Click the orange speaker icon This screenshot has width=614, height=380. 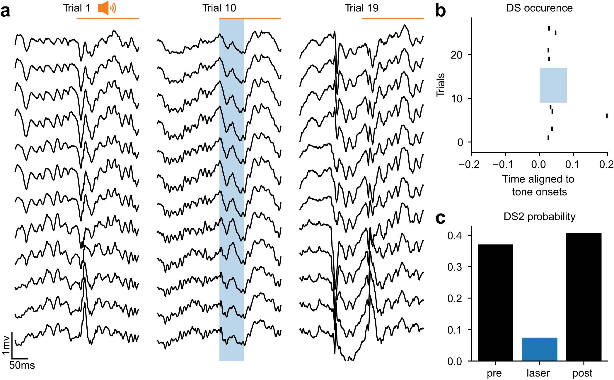pyautogui.click(x=107, y=8)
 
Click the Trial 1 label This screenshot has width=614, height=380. pyautogui.click(x=76, y=8)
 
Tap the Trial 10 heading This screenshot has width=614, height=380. pyautogui.click(x=219, y=8)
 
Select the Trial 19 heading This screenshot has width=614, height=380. pyautogui.click(x=361, y=8)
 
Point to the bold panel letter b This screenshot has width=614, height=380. pyautogui.click(x=440, y=11)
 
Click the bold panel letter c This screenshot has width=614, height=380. pyautogui.click(x=440, y=218)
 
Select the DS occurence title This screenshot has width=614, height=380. pyautogui.click(x=539, y=8)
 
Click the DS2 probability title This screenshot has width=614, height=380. pyautogui.click(x=539, y=217)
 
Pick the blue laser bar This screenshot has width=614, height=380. pyautogui.click(x=539, y=349)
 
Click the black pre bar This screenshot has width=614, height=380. pyautogui.click(x=495, y=302)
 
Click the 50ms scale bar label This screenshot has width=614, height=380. pyautogui.click(x=22, y=365)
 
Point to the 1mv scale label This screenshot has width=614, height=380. pyautogui.click(x=6, y=345)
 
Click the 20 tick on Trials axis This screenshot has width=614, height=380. pyautogui.click(x=456, y=55)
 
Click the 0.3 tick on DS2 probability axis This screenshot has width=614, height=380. pyautogui.click(x=455, y=267)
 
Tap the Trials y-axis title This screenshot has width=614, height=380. pyautogui.click(x=441, y=85)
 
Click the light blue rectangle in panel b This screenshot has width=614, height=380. pyautogui.click(x=553, y=85)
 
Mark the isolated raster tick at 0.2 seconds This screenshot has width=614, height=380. pyautogui.click(x=607, y=116)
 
